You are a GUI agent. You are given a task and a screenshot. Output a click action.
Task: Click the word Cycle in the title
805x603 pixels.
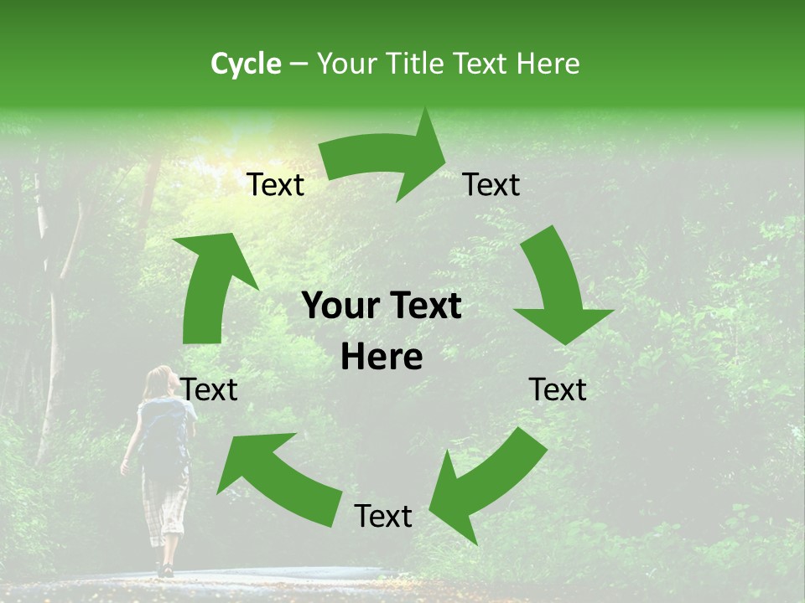(x=246, y=64)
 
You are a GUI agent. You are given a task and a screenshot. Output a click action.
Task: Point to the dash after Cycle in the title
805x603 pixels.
(x=299, y=64)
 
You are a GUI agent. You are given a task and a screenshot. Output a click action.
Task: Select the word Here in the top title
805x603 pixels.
(x=548, y=64)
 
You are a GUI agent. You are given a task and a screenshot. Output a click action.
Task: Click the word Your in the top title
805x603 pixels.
(x=347, y=64)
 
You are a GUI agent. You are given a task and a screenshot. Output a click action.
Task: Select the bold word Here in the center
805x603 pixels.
(x=382, y=357)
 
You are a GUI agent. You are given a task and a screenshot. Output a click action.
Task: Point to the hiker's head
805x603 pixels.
(x=158, y=382)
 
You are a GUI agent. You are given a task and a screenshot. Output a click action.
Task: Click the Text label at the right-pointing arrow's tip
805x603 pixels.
(x=491, y=184)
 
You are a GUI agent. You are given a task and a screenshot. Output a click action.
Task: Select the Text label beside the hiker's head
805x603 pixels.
(x=210, y=389)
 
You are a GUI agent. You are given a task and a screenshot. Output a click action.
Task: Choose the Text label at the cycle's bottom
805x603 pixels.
(x=383, y=516)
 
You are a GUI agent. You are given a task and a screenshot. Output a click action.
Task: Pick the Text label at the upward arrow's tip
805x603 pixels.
(x=276, y=184)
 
